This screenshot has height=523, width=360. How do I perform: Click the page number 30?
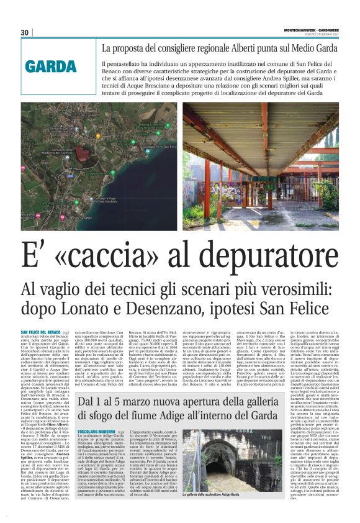pos(25,33)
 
